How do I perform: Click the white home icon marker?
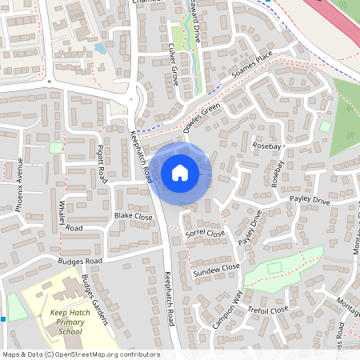[180, 172]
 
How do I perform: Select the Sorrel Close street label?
[206, 234]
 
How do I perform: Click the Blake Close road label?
[133, 216]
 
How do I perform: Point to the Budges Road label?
[81, 262]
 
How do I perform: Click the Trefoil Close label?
[268, 310]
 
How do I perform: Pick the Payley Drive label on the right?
[310, 200]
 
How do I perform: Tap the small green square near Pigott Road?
[56, 147]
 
